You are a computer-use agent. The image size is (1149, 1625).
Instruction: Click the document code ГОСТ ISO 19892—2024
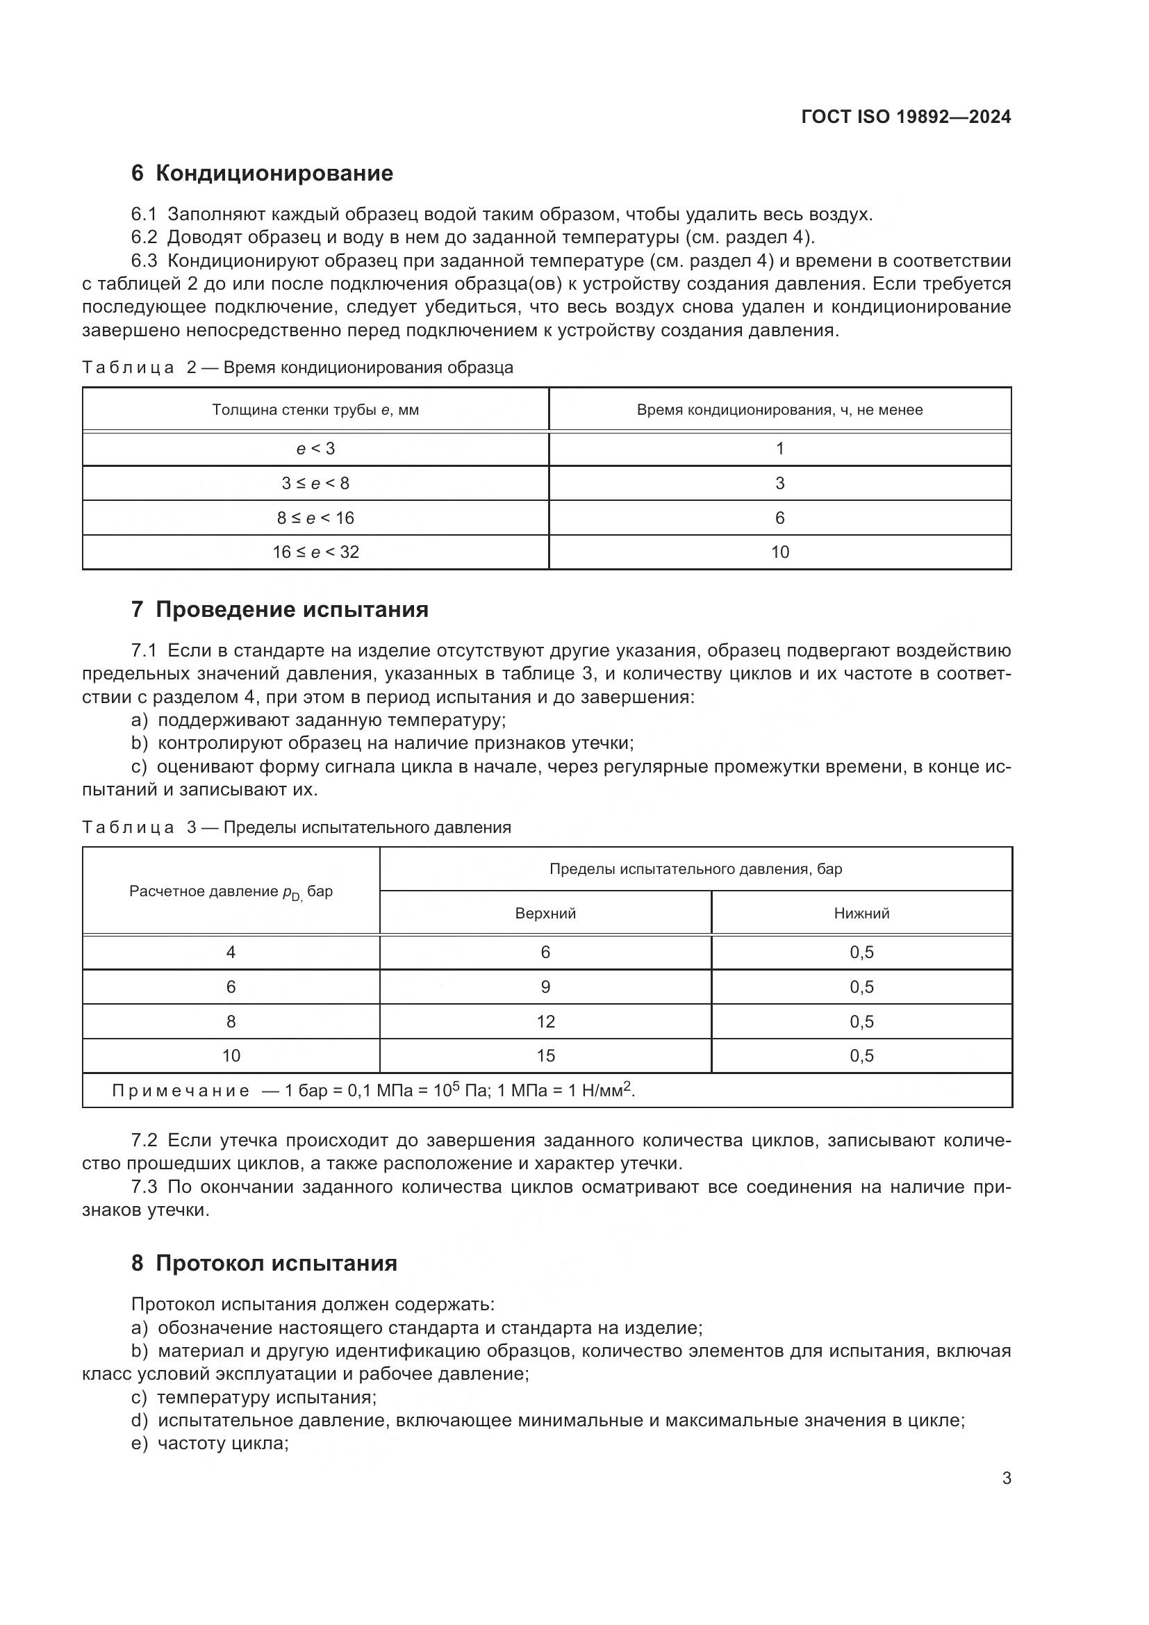point(906,117)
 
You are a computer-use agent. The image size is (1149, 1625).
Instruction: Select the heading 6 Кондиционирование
point(262,174)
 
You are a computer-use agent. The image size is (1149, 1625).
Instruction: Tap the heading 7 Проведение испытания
point(279,609)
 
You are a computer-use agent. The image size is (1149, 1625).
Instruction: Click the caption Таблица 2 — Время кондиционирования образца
point(297,368)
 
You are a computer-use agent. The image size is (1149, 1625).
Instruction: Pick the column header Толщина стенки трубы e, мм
point(315,410)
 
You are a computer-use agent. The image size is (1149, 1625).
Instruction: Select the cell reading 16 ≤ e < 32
point(315,552)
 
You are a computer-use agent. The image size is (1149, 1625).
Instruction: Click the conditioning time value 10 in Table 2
point(779,552)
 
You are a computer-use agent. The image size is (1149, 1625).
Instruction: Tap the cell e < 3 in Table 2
point(315,449)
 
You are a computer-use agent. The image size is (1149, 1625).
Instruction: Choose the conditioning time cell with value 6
point(779,518)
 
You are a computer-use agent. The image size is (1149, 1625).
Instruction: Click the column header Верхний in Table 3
point(545,914)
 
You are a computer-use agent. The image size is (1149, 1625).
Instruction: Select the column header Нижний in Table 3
point(861,914)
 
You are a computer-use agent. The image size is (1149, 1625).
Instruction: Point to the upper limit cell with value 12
point(545,1021)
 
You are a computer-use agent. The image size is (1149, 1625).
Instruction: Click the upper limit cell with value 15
point(545,1056)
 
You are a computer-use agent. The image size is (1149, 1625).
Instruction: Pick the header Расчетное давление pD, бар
point(231,892)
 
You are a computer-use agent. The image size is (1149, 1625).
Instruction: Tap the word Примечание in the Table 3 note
point(181,1091)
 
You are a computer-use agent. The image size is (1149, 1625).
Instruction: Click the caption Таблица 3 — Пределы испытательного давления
point(297,827)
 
